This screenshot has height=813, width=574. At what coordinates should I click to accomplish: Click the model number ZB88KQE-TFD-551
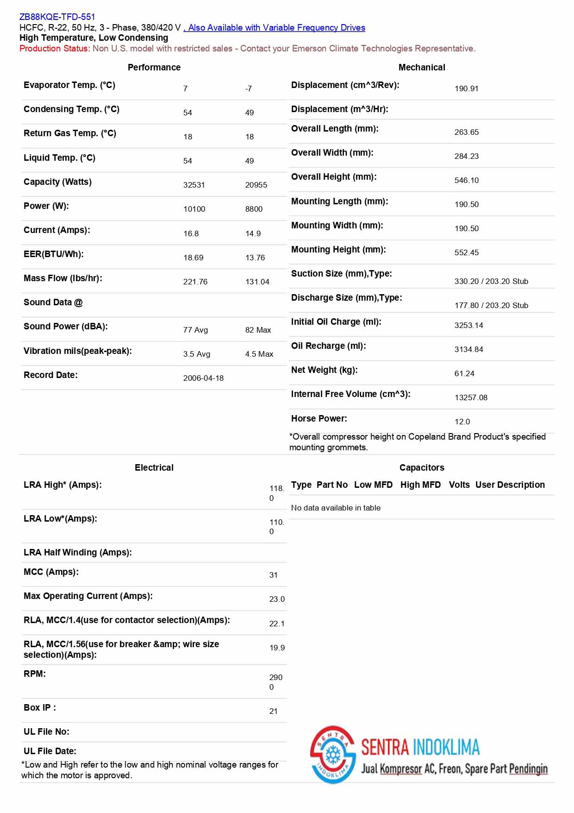coord(57,17)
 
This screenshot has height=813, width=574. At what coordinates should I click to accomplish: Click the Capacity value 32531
coord(194,185)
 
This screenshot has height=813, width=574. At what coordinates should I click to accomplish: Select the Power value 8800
coord(254,209)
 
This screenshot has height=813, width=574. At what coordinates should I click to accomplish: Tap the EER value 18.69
coord(193,258)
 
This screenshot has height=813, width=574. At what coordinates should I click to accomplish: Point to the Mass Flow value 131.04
coord(257,282)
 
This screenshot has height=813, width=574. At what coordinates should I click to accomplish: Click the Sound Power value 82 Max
coord(258,330)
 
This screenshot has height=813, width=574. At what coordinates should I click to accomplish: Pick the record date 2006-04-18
coord(203,378)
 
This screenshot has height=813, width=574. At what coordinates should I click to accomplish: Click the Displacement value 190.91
coord(466,88)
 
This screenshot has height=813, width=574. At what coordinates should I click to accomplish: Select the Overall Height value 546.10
coord(466,180)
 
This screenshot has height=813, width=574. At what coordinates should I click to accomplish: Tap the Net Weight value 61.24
coord(464,373)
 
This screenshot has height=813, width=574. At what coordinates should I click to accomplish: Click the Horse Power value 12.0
coord(462,422)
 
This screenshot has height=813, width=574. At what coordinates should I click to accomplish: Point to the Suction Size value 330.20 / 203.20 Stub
coord(491,281)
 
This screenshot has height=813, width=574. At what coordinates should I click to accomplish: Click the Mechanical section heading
coord(422,68)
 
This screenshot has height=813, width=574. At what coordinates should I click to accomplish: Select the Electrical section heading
coord(154,468)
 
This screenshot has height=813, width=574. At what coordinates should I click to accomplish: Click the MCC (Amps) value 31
coord(274,575)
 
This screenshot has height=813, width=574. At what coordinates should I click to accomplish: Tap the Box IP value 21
coord(274,711)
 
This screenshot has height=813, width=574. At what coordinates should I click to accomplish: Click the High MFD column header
coord(420,485)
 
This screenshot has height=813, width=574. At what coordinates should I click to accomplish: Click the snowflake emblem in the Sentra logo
coord(333,755)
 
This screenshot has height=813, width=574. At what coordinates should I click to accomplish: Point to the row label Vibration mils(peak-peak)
coord(78,351)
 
